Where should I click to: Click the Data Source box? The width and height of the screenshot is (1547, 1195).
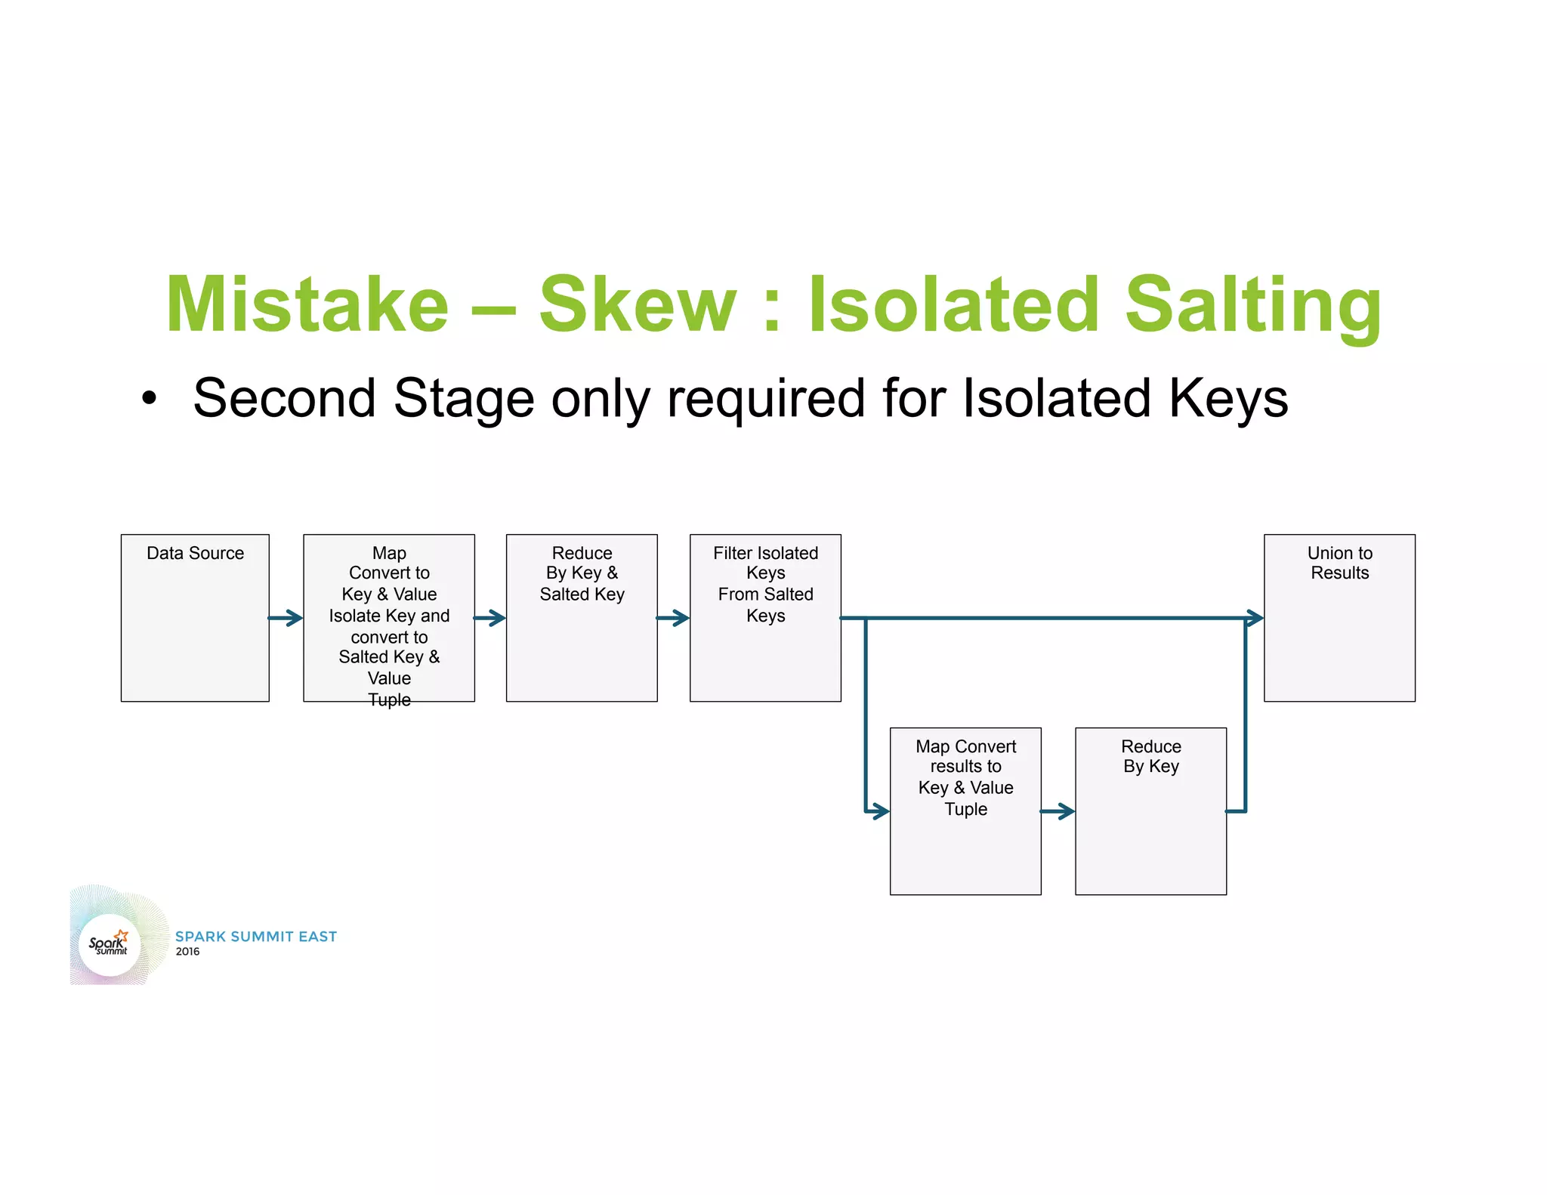coord(195,618)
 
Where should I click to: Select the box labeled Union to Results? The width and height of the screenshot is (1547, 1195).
coord(1339,618)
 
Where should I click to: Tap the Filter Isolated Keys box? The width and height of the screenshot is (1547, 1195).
coord(764,618)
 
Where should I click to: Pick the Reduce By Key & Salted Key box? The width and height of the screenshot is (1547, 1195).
coord(581,618)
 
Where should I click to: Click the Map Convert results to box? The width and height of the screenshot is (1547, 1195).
coord(965,811)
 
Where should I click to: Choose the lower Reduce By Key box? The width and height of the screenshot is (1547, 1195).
coord(1150,811)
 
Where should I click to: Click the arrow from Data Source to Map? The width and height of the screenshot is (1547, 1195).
coord(286,619)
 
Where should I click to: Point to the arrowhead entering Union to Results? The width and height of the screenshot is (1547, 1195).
coord(1254,619)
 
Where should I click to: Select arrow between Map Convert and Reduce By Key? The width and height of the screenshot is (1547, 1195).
coord(1058,812)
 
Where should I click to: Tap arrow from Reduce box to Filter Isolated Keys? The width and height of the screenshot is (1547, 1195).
coord(673,619)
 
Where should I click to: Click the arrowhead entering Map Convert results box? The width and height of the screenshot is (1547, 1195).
coord(879,812)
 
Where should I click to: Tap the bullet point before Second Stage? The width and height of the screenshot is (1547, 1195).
coord(150,399)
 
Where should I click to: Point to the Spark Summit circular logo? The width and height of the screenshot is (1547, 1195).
coord(110,944)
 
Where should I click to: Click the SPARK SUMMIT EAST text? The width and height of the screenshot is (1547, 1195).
coord(255,937)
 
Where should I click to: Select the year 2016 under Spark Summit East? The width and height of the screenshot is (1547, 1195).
coord(187,952)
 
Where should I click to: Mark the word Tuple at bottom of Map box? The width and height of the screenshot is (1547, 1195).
coord(389,699)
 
